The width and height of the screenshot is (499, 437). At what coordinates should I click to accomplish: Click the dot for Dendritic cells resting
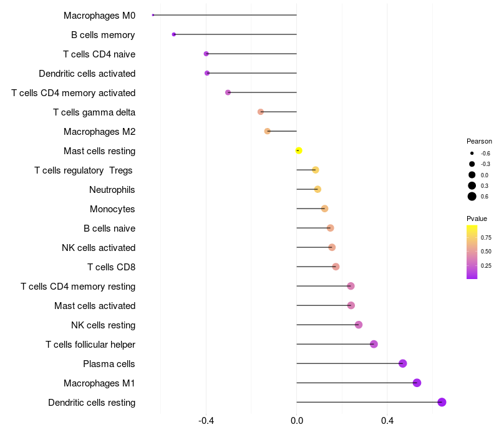pos(442,402)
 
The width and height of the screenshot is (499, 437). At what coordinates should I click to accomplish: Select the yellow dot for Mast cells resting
pos(299,150)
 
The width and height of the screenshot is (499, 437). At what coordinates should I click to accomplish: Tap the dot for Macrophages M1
pos(417,383)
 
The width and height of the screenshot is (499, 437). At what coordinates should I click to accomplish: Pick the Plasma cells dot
pos(402,363)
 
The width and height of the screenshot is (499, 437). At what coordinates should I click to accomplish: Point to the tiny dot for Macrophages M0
pos(153,15)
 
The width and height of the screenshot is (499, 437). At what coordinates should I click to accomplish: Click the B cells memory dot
pos(174,34)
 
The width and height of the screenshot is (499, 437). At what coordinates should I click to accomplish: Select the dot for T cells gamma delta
pos(261,112)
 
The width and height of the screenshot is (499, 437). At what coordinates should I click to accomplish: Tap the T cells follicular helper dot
pos(374,344)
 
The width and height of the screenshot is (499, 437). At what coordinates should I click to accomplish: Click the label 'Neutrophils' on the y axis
pos(112,190)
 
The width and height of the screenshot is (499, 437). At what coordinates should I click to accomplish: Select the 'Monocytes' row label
pos(112,209)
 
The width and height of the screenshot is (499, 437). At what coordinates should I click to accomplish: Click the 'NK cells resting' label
pos(103,325)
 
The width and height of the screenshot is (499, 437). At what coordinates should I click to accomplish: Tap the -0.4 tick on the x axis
pos(206,421)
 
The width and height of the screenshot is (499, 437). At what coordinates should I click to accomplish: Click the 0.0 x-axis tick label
pos(297,421)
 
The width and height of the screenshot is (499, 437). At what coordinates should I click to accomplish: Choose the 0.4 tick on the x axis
pos(387,421)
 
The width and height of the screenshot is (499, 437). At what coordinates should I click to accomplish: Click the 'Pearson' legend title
pos(479,141)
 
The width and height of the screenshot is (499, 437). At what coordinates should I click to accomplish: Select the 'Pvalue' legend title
pos(477,219)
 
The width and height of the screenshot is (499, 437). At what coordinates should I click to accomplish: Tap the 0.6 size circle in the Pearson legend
pos(472,197)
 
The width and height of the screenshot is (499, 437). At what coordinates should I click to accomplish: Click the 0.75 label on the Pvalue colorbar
pos(486,238)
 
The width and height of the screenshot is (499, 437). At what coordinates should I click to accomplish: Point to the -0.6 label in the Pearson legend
pos(485,153)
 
